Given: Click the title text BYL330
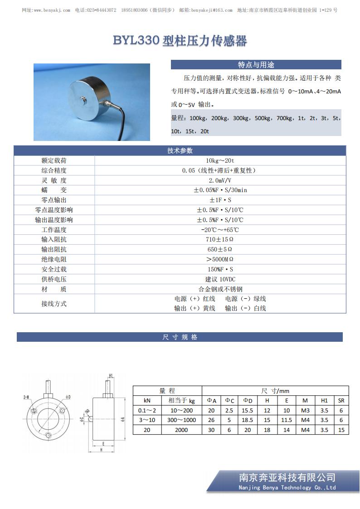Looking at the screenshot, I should (x=136, y=41).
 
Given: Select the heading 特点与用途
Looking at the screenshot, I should (x=256, y=65).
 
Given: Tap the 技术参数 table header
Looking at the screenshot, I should (x=180, y=151).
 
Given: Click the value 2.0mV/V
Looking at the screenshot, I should (x=220, y=180).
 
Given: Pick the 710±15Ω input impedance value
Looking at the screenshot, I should (x=220, y=239).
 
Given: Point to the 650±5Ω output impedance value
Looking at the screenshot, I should (x=220, y=249).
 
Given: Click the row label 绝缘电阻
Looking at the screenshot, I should (x=54, y=259).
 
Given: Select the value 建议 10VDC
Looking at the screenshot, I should (x=220, y=279).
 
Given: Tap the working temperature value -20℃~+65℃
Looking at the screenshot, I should (x=220, y=230).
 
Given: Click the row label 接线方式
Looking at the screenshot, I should (x=54, y=304).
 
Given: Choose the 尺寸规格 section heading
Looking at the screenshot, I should (x=180, y=337).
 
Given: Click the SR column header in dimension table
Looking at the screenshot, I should (x=341, y=400).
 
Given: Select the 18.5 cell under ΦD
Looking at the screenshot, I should (x=248, y=420).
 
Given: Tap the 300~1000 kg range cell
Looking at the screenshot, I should (x=181, y=420).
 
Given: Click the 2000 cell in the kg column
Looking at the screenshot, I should (x=181, y=430).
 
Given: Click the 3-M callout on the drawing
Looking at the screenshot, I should (x=26, y=397).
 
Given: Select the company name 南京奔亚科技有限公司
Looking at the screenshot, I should (x=287, y=477).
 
